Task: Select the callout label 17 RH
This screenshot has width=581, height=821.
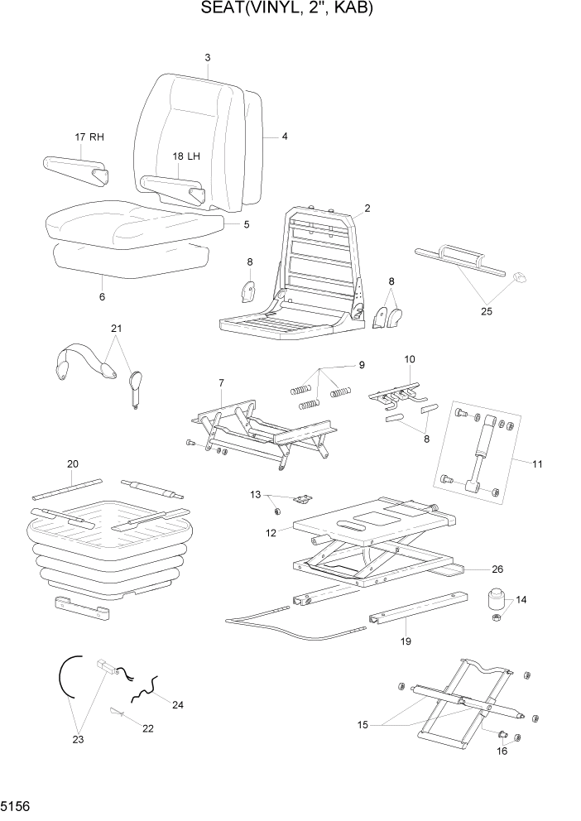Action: point(89,137)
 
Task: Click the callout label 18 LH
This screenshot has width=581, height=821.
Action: point(186,156)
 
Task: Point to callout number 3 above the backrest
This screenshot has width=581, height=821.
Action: point(207,57)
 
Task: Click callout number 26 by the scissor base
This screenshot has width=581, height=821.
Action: point(497,569)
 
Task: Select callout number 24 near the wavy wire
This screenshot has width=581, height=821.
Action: point(177,704)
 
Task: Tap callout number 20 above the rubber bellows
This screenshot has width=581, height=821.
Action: point(72,463)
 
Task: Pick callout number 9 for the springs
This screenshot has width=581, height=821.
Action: point(361,365)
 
